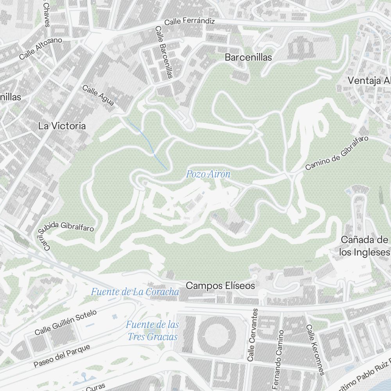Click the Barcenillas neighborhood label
[248, 57]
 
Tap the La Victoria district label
[62, 126]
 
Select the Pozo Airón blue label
[208, 174]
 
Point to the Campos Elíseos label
[220, 286]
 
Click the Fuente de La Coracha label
[135, 292]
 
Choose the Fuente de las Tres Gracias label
[152, 330]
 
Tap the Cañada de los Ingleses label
[364, 246]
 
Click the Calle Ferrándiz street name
[190, 22]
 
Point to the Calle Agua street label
[98, 95]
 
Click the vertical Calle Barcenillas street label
[164, 52]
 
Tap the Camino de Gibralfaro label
[337, 153]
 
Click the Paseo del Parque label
[62, 356]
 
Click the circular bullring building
[217, 335]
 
